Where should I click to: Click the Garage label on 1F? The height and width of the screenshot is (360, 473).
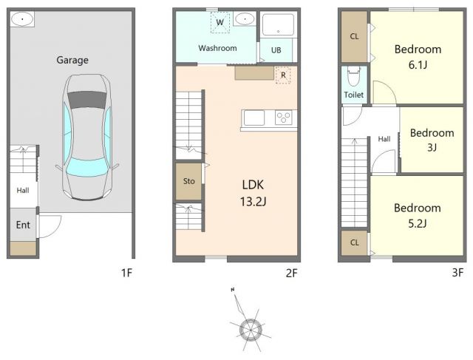72,60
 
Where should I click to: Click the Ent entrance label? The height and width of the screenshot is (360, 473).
23,225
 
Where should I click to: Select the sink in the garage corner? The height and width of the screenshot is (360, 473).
22,20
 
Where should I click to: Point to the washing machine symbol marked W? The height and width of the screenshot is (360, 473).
220,22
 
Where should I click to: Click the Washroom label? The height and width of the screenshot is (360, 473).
217,48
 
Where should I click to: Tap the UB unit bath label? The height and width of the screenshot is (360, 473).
276,50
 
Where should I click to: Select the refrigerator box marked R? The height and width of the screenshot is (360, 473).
283,75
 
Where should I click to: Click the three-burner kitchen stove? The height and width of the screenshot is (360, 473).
283,118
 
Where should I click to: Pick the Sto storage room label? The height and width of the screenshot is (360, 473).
189,181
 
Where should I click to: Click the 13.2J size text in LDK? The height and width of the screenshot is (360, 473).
253,201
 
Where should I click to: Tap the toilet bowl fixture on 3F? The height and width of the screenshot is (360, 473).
354,76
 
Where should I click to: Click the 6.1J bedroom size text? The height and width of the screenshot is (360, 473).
418,65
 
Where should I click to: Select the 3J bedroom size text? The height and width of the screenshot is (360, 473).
432,147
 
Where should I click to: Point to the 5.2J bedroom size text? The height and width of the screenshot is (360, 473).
417,223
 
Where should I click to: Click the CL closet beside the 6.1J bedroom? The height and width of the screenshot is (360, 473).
355,36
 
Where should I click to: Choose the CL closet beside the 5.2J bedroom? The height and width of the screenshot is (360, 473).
355,242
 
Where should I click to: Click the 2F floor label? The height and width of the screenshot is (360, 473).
291,273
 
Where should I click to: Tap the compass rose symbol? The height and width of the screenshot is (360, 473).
250,329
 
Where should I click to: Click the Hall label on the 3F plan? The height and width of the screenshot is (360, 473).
384,139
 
